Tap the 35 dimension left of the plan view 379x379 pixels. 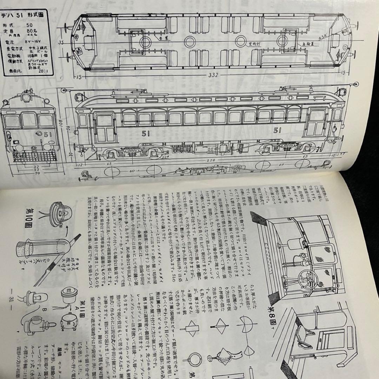(61, 43)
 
